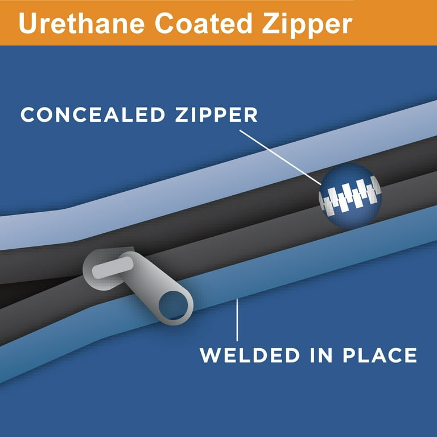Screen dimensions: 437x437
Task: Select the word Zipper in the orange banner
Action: (x=307, y=25)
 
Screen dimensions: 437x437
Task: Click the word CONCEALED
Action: (x=93, y=114)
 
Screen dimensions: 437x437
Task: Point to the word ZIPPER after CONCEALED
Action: (x=216, y=114)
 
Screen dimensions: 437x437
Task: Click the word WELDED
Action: (x=250, y=355)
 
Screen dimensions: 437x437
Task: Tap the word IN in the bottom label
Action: (x=321, y=355)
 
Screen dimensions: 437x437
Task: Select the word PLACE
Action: (x=380, y=355)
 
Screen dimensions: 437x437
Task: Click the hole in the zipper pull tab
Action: (x=174, y=306)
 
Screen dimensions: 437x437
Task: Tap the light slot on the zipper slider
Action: (x=113, y=267)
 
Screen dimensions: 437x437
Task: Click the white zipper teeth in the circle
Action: (x=350, y=195)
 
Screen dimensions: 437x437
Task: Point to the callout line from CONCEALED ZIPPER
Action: (x=280, y=157)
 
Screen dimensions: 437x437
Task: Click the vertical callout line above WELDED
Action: (x=237, y=320)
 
